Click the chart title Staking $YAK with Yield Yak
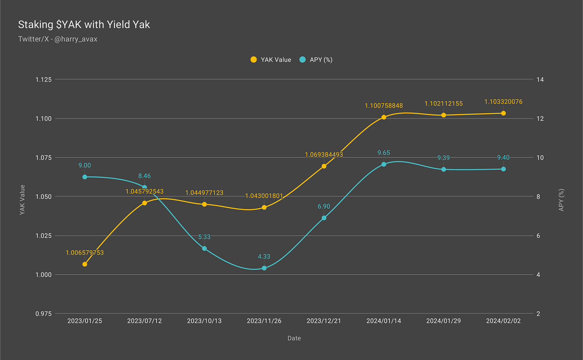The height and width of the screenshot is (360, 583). point(84,25)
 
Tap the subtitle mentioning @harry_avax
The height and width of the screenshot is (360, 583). point(57,39)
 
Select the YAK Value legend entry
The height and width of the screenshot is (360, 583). point(271,60)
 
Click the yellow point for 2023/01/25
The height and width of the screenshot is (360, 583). point(85,264)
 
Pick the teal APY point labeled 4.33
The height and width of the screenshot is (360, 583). point(264,268)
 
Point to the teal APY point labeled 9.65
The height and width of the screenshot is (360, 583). point(384,164)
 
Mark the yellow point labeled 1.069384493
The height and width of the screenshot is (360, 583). point(324,166)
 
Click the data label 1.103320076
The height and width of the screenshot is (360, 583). point(503,102)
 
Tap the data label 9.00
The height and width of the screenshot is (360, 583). point(85,165)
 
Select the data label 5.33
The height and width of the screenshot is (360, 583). point(204,237)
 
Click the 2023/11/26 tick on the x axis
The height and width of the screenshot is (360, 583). point(264,321)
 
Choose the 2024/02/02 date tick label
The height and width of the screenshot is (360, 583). point(503,321)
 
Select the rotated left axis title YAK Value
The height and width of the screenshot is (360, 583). point(22,200)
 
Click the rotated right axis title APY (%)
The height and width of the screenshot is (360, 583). point(561,200)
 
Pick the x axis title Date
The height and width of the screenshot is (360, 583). point(294,338)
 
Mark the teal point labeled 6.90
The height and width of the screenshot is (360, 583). point(324,218)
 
